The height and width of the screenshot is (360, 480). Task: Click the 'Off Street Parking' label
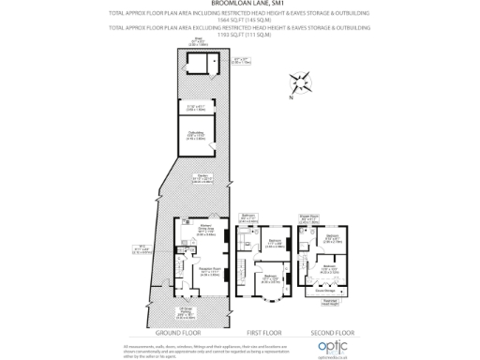pos(187,313)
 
